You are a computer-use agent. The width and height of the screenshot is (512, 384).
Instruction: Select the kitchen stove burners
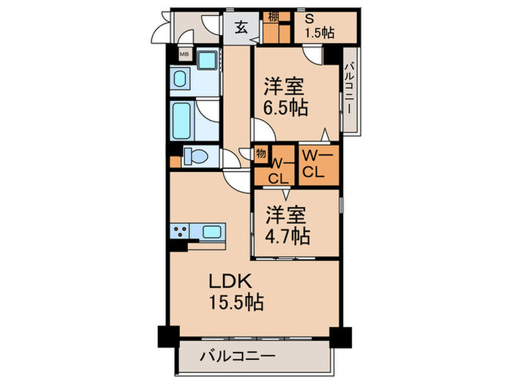[180, 233]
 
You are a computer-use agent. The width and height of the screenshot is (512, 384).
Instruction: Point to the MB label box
[184, 55]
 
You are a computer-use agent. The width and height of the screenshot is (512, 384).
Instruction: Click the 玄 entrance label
[241, 30]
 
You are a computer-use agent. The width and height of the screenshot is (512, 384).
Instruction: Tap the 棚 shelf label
[272, 16]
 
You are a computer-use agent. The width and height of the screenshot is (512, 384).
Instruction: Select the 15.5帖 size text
[236, 301]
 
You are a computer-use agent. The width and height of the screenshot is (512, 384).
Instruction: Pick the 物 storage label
[260, 154]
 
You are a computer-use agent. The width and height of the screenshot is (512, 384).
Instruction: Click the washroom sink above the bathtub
[181, 78]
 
